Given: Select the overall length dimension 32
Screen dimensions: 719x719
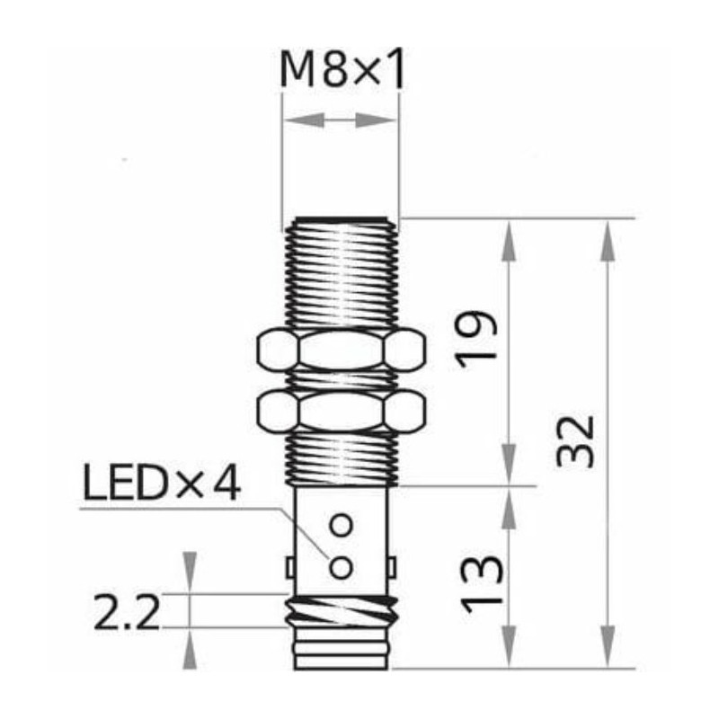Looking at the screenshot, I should (x=576, y=440).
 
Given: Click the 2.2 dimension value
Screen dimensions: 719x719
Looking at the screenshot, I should (x=127, y=616).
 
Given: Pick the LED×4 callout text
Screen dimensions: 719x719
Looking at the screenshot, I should (x=163, y=485).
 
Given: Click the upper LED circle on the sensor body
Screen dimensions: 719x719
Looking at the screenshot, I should (x=341, y=524).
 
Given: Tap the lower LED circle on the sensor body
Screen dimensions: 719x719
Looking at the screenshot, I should (x=341, y=567).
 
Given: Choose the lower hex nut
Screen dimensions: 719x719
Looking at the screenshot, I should (x=341, y=411).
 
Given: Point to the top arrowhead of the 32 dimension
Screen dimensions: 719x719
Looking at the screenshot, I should (x=608, y=241).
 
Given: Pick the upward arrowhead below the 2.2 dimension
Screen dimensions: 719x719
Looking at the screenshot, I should (x=190, y=648).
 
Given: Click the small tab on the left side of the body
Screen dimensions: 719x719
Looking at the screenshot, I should (x=289, y=568).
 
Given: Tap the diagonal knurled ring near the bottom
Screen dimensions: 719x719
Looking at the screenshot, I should (x=341, y=613).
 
